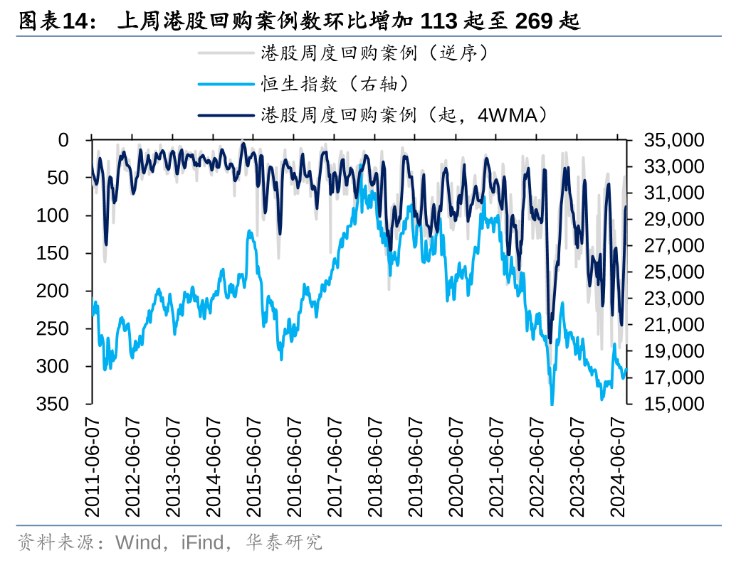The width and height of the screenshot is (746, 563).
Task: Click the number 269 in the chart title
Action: (x=535, y=22)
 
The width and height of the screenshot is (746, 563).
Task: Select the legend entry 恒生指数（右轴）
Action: (x=335, y=84)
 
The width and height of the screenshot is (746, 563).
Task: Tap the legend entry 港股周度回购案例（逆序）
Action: (x=374, y=53)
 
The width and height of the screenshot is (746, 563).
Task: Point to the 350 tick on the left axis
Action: (x=56, y=404)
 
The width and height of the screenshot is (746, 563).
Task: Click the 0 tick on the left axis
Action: (x=64, y=140)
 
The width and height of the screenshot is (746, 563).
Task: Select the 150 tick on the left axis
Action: (x=56, y=253)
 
